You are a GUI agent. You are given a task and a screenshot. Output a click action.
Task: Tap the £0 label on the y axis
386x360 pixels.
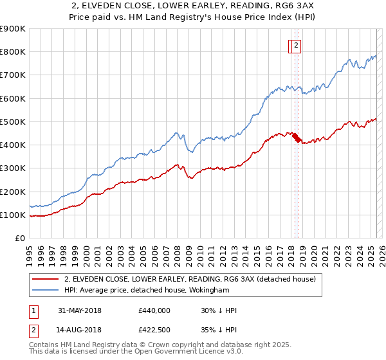point(19,239)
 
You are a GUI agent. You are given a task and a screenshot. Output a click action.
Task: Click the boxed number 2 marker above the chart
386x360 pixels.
point(295,45)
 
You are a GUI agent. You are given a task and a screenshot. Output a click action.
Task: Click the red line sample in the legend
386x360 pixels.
point(45,280)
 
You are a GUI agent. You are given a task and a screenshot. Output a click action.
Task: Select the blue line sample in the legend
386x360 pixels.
point(45,290)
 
